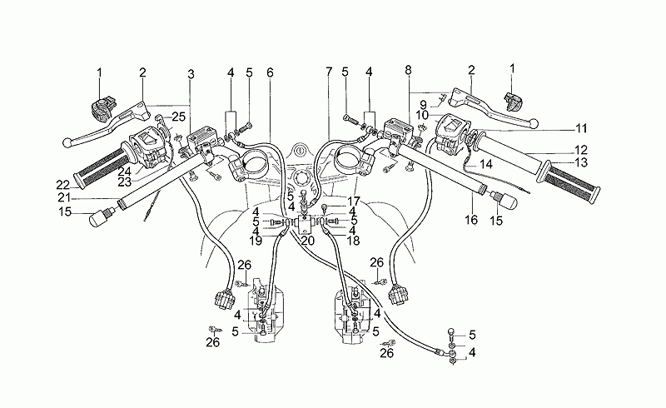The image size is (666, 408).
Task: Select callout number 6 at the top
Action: pos(270,72)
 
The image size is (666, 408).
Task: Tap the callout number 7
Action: pos(329,72)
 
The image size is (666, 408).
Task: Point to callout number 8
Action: pos(406,72)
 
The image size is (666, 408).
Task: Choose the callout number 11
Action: pos(581,128)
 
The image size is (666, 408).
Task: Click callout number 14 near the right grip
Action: pos(487,166)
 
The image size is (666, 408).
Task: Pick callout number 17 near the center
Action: pos(354,201)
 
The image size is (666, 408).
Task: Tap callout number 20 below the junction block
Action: pos(307,241)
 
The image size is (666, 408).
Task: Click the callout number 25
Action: pos(178,116)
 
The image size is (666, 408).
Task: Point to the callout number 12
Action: pos(581,150)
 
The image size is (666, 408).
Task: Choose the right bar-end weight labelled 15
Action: pos(507,201)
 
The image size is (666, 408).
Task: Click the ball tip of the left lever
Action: pos(68,142)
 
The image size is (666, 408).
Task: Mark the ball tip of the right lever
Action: pos(534,127)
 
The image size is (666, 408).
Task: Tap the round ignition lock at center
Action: pos(297,153)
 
